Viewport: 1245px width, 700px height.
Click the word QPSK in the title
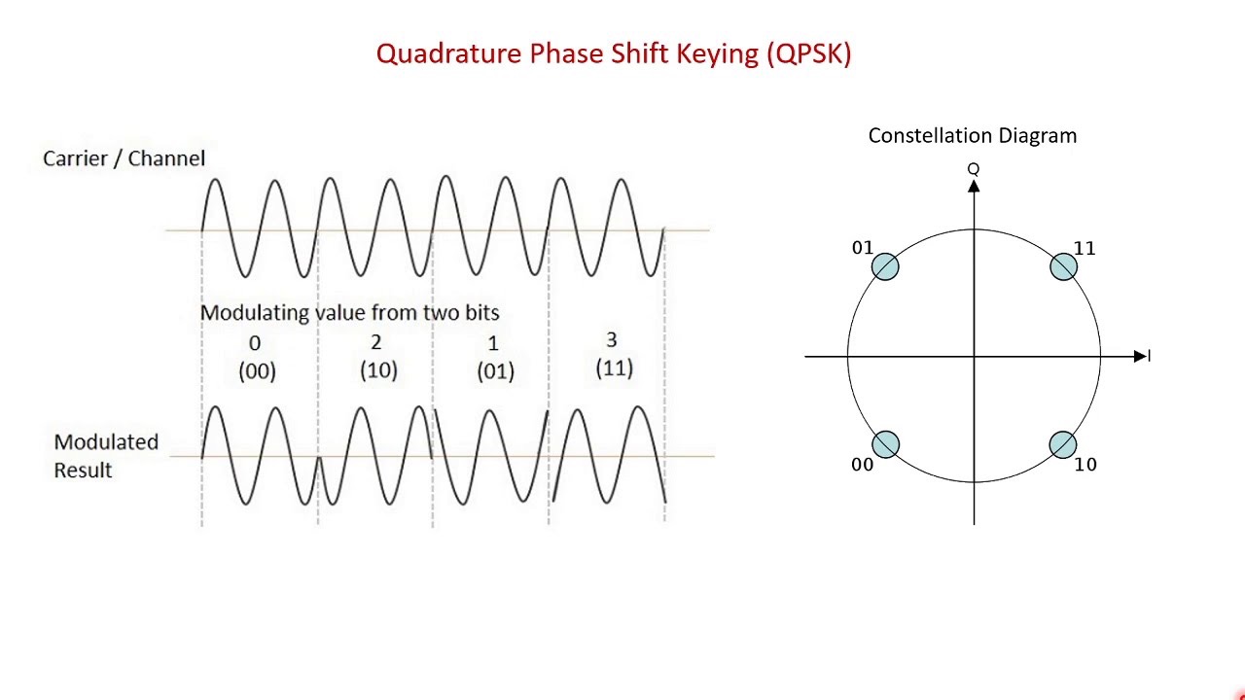(809, 53)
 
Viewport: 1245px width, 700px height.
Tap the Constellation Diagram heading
(972, 136)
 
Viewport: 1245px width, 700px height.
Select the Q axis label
(973, 170)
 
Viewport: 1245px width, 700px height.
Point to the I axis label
(1149, 357)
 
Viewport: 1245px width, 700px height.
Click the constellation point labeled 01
(885, 266)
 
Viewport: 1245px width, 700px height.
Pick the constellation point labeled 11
(1063, 266)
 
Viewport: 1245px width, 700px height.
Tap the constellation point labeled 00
(885, 445)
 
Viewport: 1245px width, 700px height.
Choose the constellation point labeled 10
(1063, 445)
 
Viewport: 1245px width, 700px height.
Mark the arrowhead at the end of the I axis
(1140, 357)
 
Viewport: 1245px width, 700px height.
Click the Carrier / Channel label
(124, 158)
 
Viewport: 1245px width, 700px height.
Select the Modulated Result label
(105, 456)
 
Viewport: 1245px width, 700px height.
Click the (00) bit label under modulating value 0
(257, 370)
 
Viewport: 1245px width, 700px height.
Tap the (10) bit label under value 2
(378, 370)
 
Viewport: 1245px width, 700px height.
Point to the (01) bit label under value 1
(495, 370)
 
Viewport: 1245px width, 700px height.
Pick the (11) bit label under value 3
(614, 367)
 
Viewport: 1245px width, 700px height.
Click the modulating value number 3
(611, 340)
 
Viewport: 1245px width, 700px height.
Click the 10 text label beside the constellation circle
(1085, 465)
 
